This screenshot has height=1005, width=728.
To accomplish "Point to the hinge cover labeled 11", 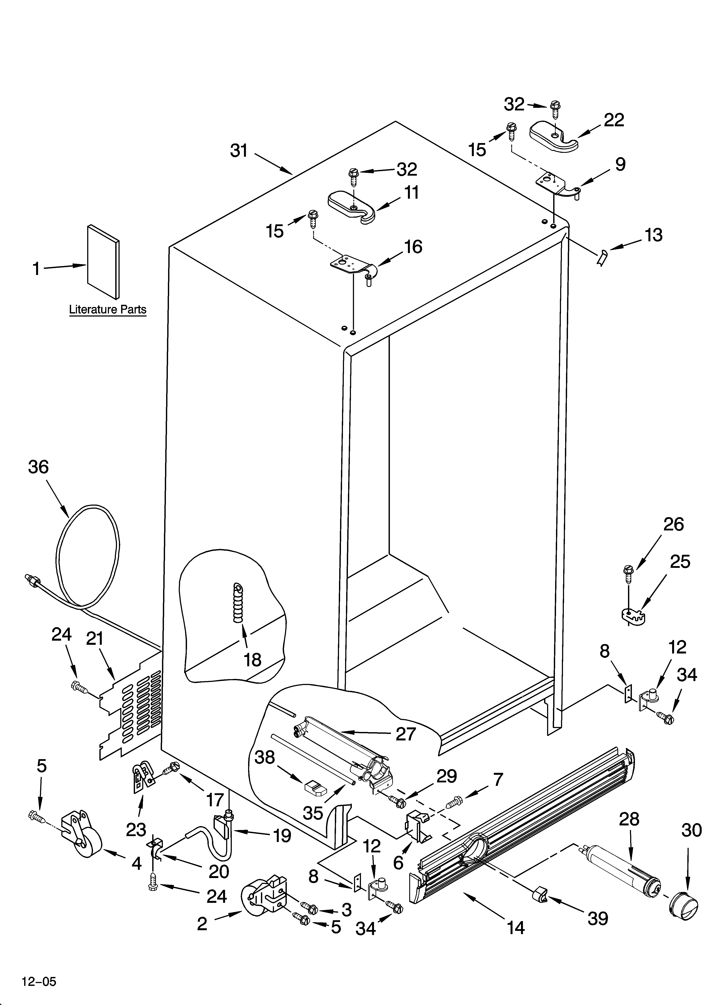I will tap(352, 207).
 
